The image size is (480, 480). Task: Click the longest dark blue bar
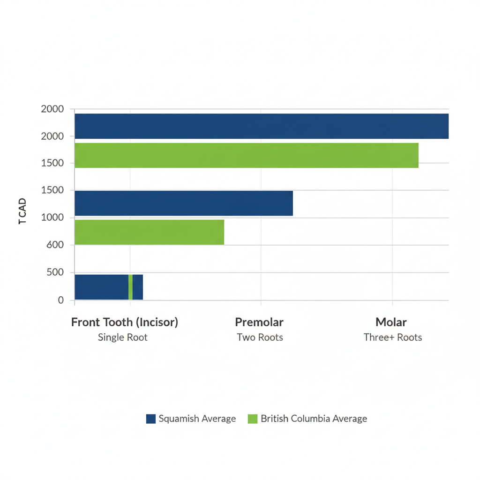tap(262, 126)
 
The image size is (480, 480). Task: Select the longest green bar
tap(246, 155)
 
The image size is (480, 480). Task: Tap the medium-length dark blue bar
tap(184, 203)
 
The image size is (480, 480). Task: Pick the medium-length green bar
tap(149, 232)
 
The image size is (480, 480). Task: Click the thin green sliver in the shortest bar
tap(130, 287)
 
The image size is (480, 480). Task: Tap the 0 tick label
tap(60, 300)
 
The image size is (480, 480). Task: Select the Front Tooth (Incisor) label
tap(124, 322)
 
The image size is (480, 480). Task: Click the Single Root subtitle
tap(123, 337)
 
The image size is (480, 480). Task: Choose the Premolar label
tap(259, 322)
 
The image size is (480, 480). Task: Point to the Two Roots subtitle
tap(260, 337)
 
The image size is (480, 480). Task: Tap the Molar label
tap(391, 322)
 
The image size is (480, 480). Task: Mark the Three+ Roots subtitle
tap(392, 337)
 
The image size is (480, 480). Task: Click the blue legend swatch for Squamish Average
tap(150, 419)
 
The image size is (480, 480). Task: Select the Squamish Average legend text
tap(197, 419)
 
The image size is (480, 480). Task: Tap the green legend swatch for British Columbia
tap(253, 419)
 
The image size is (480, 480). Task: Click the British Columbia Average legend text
tap(314, 419)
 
